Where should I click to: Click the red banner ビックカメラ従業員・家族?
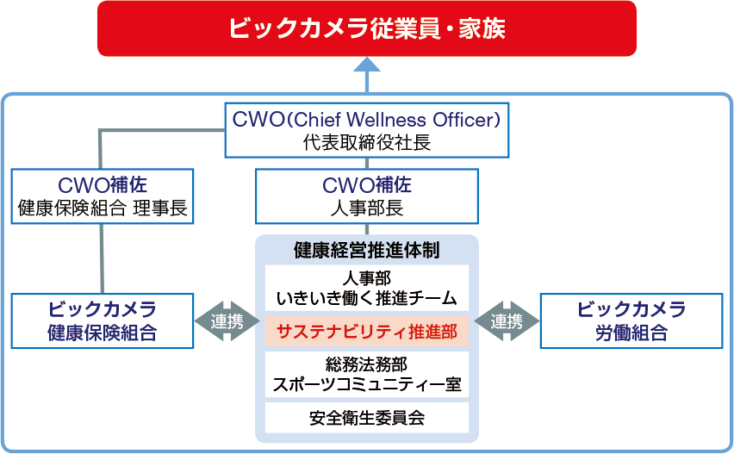367,28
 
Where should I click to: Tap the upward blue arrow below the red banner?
367,75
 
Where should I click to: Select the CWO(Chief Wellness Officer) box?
367,130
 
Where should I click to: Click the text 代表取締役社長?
367,142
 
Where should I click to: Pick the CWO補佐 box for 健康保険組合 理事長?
103,196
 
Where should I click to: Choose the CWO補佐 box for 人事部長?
367,196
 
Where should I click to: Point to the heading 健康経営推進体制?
367,251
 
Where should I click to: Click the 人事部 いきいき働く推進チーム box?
367,288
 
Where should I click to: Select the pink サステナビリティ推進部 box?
367,332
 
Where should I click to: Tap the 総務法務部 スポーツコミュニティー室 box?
367,375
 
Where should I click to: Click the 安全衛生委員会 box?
367,418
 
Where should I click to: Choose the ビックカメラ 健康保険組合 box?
103,321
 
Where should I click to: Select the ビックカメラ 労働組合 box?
631,321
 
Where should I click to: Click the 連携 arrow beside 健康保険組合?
227,321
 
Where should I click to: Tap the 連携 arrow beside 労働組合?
507,321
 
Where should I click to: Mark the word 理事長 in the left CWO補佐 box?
160,208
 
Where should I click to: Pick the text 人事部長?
367,208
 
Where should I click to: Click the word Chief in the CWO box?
317,120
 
